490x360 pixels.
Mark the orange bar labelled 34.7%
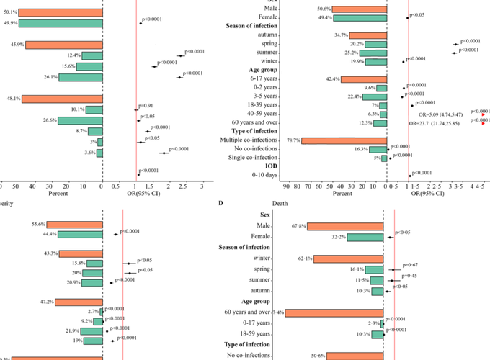point(367,35)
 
